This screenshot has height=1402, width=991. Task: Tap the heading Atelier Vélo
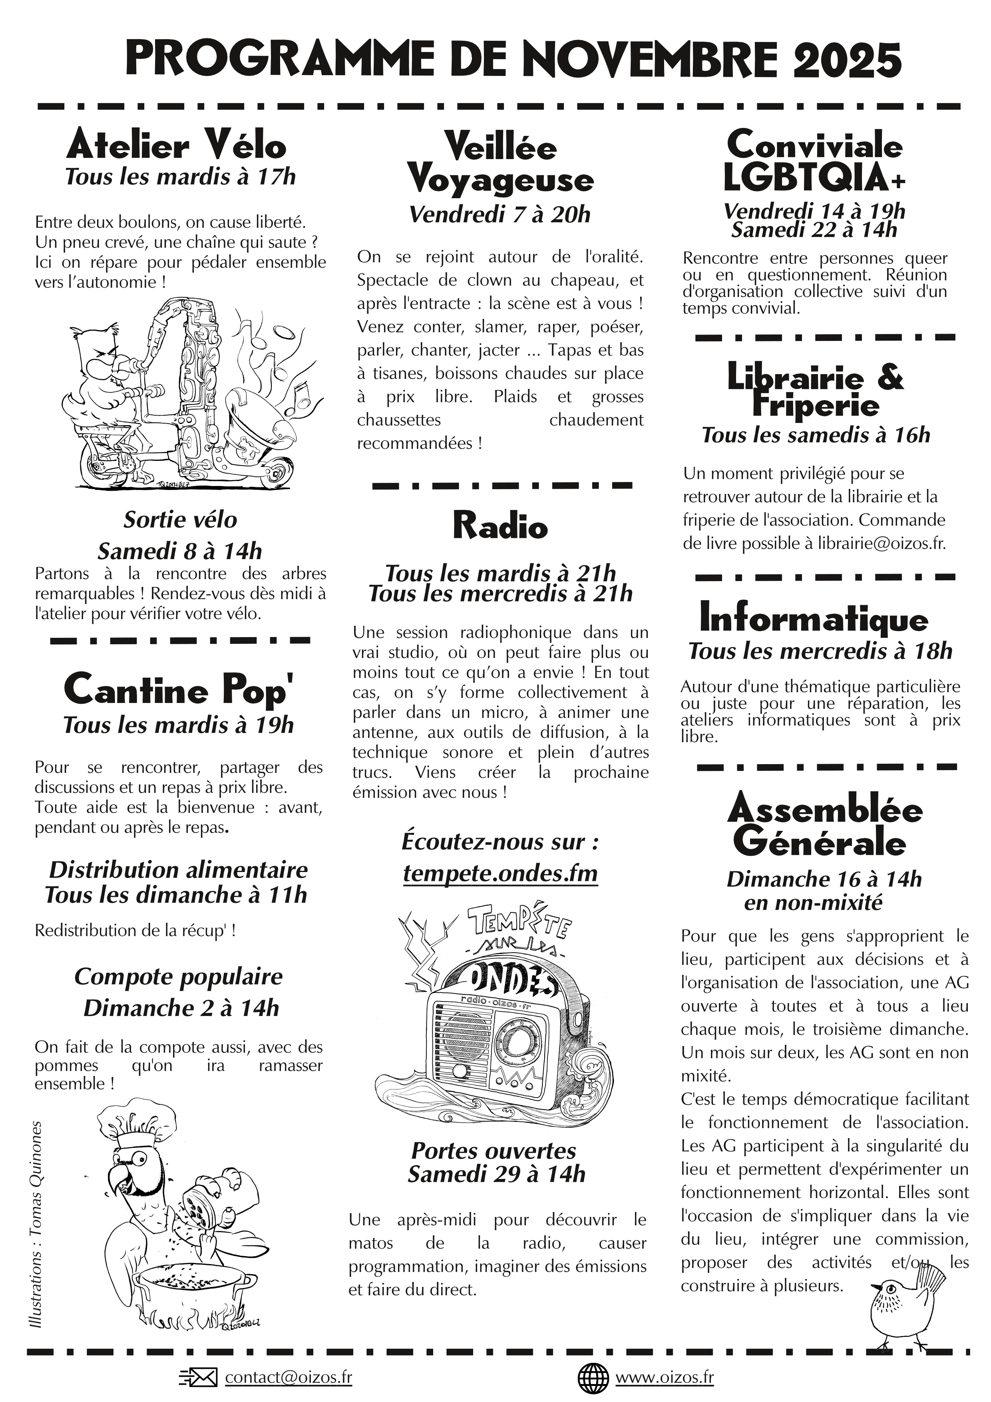pyautogui.click(x=177, y=145)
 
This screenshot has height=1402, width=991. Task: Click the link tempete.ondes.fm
pyautogui.click(x=500, y=873)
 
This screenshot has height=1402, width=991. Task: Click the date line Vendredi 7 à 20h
pyautogui.click(x=500, y=214)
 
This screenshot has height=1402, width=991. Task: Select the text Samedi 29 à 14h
pyautogui.click(x=496, y=1174)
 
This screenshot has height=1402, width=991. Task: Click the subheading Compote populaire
pyautogui.click(x=178, y=976)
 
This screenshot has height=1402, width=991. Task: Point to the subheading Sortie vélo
pyautogui.click(x=180, y=520)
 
